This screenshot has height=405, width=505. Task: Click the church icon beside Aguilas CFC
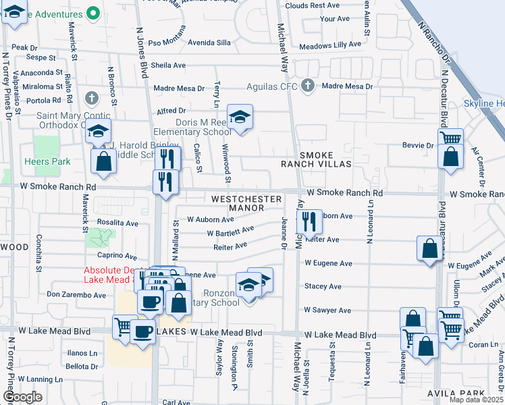pos(308,86)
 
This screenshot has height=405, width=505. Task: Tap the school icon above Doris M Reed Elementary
pos(239,117)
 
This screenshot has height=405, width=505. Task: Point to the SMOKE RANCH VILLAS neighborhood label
pos(317,159)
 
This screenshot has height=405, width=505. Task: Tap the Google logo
pos(22,397)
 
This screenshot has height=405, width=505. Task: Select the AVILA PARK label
pos(455,393)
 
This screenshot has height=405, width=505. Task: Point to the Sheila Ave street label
pos(168,65)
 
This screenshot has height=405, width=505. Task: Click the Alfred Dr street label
pos(171,110)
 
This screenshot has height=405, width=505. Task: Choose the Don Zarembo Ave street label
pos(76,295)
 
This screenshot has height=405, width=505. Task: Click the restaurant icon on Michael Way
pos(309,221)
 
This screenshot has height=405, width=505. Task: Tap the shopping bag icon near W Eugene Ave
pos(429,248)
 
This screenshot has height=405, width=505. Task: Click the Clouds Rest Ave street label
pos(313,5)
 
